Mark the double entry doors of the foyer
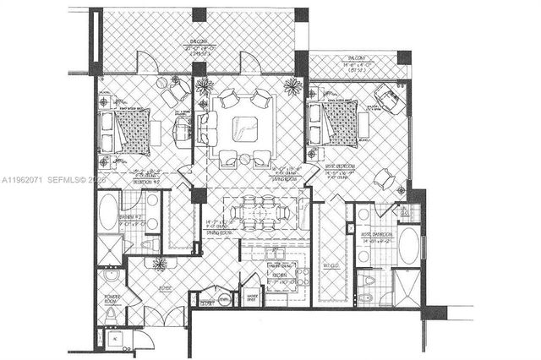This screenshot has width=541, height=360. (x=165, y=316)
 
